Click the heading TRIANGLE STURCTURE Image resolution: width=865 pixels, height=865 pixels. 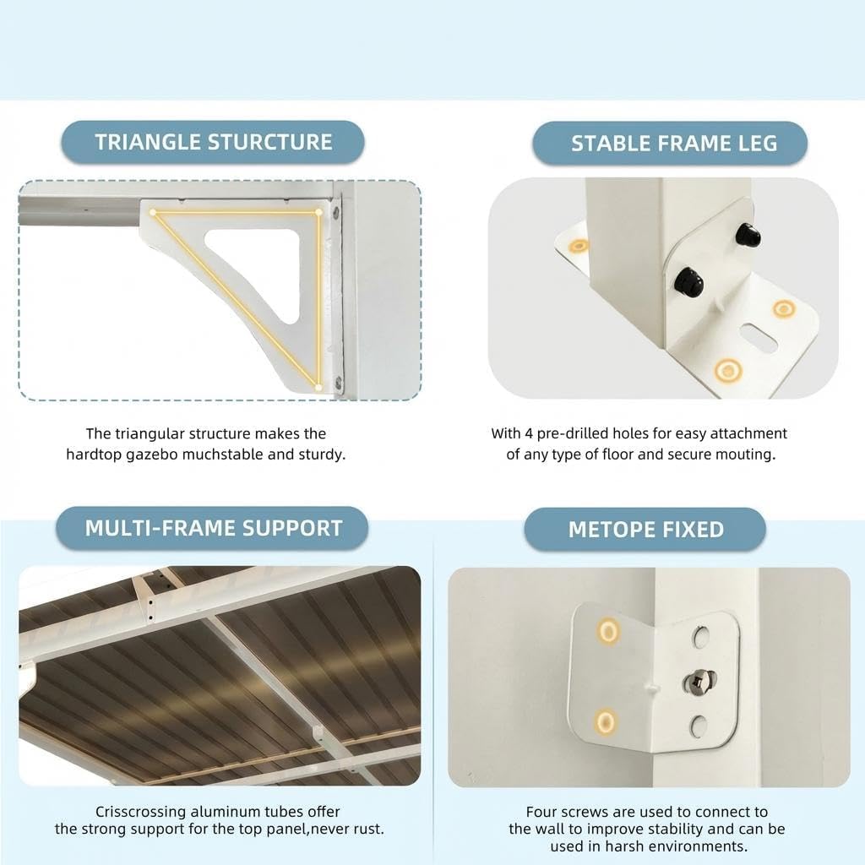(x=214, y=142)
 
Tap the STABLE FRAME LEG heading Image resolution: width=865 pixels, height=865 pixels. (x=674, y=144)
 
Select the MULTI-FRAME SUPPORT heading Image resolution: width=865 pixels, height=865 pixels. (x=214, y=529)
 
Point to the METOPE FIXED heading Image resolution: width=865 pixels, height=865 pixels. (x=646, y=530)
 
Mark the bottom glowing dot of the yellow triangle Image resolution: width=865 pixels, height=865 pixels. (x=318, y=387)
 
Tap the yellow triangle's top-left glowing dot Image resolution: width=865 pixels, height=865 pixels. (x=153, y=212)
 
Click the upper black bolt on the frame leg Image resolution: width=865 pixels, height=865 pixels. (x=748, y=236)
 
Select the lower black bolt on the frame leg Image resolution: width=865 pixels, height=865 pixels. (x=689, y=280)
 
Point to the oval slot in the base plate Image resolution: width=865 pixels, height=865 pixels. (x=759, y=338)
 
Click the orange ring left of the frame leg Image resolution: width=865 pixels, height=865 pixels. (x=579, y=246)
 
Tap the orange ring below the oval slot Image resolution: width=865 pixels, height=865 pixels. (x=727, y=370)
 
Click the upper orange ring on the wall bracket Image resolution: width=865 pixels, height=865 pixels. (x=608, y=630)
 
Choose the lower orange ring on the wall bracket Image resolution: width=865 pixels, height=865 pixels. (x=605, y=721)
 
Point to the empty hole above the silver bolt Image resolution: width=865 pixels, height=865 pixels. (x=700, y=637)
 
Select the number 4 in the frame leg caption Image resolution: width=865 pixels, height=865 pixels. (x=529, y=433)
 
